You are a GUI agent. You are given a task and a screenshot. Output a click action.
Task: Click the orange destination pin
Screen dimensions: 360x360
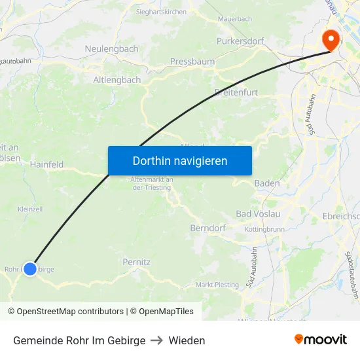pyautogui.click(x=331, y=39)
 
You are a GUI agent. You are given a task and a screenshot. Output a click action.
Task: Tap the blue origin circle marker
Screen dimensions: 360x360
pyautogui.click(x=30, y=268)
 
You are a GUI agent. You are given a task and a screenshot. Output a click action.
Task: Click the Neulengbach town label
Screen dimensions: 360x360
pyautogui.click(x=111, y=49)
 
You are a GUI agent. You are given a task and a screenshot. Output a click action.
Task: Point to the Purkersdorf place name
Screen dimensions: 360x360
pyautogui.click(x=240, y=41)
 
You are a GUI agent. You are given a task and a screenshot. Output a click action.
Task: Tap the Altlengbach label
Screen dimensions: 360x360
pyautogui.click(x=117, y=80)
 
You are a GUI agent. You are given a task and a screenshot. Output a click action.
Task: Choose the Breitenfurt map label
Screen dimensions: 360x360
pyautogui.click(x=236, y=92)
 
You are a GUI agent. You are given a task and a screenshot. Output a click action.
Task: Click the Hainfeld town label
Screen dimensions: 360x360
pyautogui.click(x=46, y=165)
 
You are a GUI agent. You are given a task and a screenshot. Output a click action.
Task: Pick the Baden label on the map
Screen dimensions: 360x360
pyautogui.click(x=266, y=183)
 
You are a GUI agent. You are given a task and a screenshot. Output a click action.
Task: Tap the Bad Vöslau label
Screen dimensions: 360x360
pyautogui.click(x=258, y=214)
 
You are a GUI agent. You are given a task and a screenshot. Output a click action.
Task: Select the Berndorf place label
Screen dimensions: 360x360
pyautogui.click(x=207, y=228)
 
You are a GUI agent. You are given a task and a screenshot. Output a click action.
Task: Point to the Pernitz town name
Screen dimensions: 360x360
pyautogui.click(x=137, y=262)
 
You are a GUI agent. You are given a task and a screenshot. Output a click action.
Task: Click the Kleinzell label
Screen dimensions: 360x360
pyautogui.click(x=30, y=209)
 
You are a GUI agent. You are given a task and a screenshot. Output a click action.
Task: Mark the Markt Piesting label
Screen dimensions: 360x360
pyautogui.click(x=217, y=285)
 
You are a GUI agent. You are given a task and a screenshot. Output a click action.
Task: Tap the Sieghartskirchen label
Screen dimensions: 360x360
pyautogui.click(x=161, y=12)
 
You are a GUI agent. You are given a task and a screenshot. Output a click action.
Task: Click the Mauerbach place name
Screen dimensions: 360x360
pyautogui.click(x=234, y=19)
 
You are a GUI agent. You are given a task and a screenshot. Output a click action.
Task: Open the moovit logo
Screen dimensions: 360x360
pyautogui.click(x=321, y=340)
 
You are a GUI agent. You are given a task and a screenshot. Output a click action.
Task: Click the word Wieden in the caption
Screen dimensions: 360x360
pyautogui.click(x=187, y=340)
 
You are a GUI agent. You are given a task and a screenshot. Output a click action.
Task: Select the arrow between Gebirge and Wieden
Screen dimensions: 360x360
pyautogui.click(x=157, y=340)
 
